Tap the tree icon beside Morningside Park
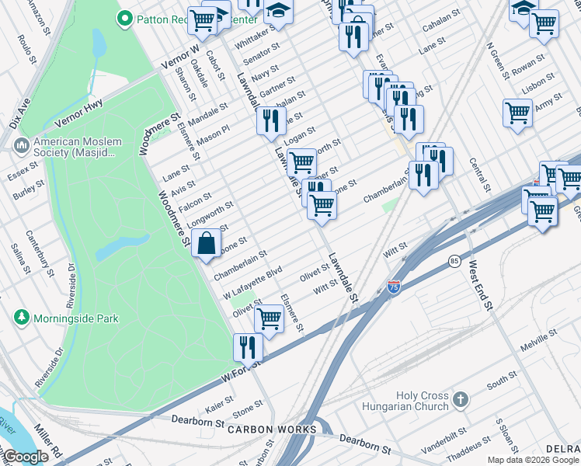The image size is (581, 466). (x=21, y=318)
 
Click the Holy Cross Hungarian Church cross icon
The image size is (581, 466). (x=461, y=400)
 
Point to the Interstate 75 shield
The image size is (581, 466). (x=394, y=287)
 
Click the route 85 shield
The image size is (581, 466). (x=454, y=263)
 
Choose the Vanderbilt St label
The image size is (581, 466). (x=445, y=433)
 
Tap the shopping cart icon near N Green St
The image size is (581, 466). (x=517, y=112)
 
